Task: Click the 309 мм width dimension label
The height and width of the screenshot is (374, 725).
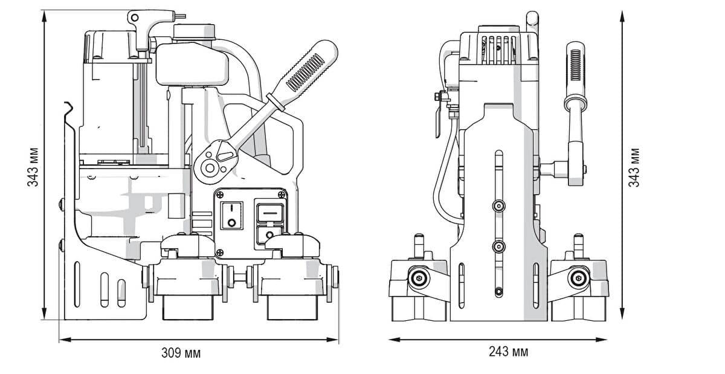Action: click(181, 353)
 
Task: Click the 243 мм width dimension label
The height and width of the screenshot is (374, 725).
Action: click(509, 351)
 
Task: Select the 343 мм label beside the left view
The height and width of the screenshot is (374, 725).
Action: click(33, 167)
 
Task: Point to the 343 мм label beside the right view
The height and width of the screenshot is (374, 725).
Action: click(634, 167)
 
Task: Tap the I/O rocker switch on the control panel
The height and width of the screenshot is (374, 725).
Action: click(231, 216)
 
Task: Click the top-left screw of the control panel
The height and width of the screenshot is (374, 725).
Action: click(220, 195)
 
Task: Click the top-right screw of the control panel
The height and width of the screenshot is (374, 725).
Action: click(282, 195)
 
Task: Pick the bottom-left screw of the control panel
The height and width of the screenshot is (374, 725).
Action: click(220, 252)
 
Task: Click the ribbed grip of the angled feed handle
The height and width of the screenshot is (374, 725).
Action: click(305, 73)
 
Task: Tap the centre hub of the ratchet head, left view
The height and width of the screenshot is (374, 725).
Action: click(210, 168)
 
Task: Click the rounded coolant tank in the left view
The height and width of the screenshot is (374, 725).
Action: click(192, 64)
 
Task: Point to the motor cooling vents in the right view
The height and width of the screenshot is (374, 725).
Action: click(498, 49)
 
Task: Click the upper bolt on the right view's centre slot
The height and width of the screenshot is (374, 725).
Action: click(499, 205)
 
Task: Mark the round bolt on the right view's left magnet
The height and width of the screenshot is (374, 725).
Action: click(419, 278)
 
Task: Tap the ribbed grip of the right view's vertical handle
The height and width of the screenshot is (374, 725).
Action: click(575, 65)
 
